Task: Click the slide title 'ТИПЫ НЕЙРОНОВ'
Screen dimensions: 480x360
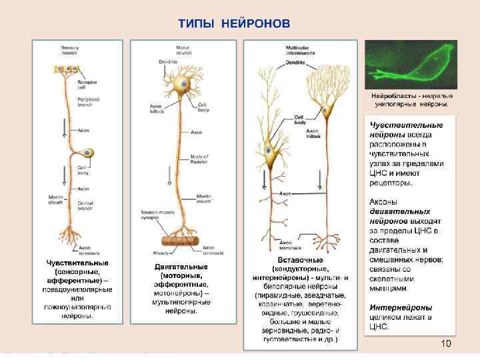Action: [234, 24]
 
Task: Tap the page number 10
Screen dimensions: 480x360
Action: [446, 343]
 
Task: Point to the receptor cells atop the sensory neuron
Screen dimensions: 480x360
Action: [66, 69]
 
